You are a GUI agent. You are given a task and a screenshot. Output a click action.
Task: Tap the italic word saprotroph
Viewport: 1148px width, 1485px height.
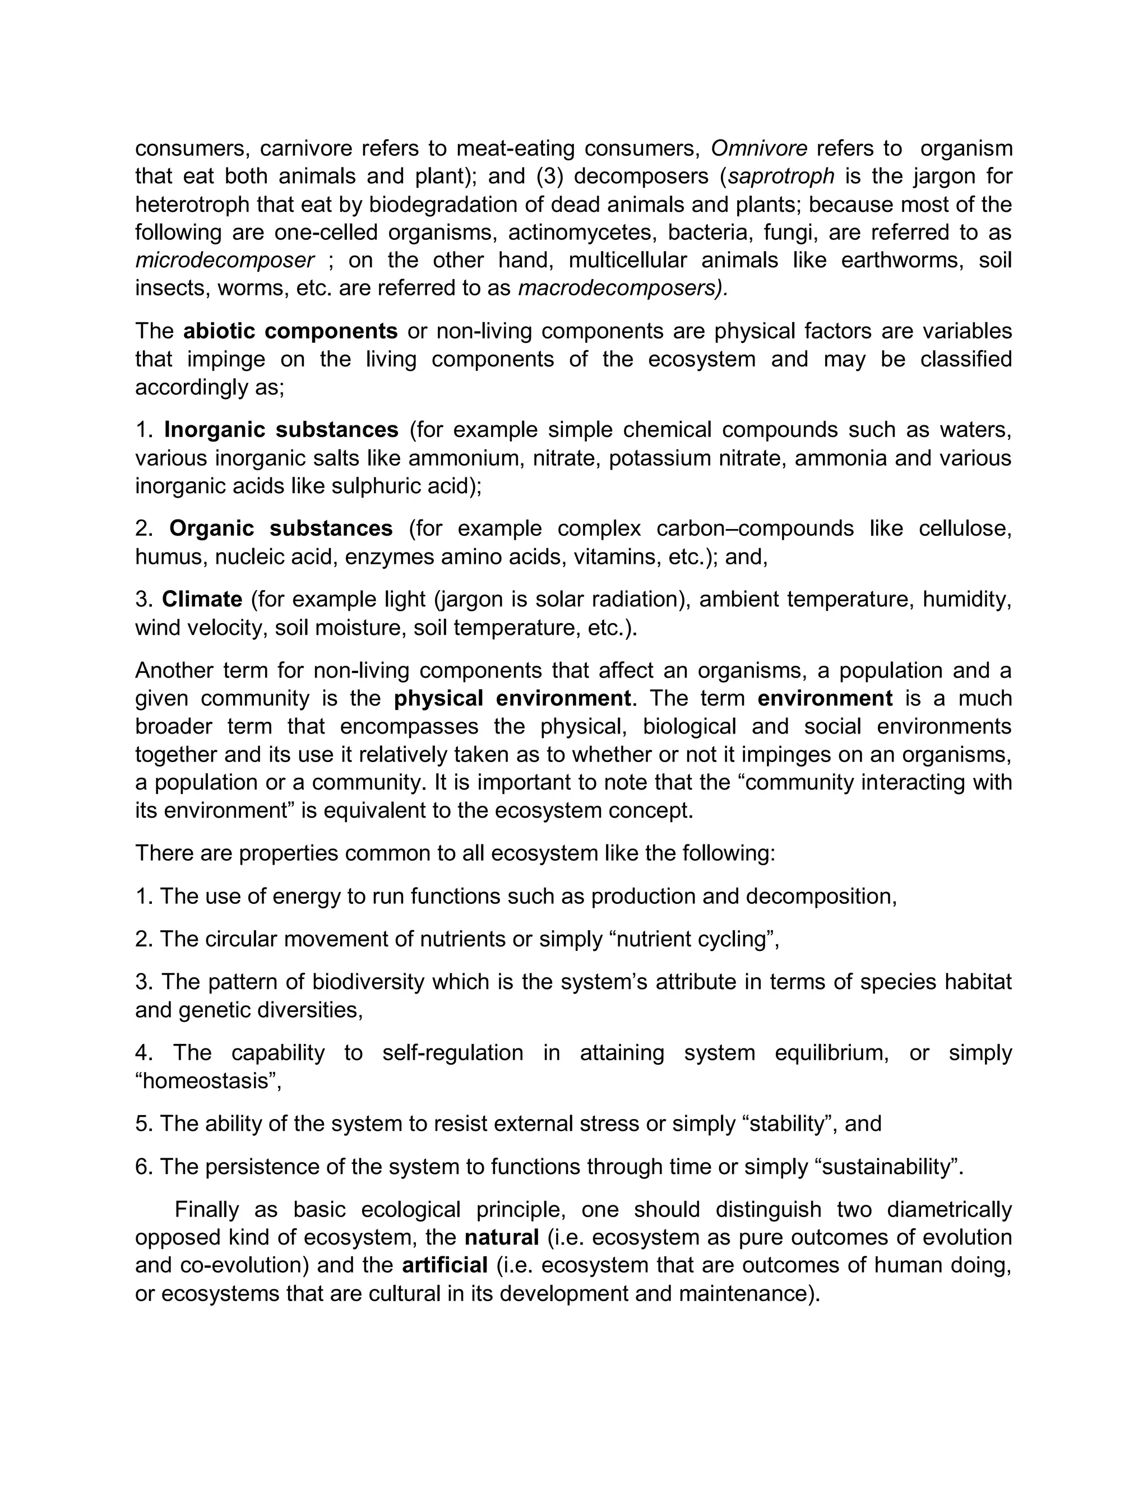click(x=781, y=176)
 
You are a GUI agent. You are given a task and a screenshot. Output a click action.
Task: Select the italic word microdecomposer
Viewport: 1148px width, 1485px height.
click(x=224, y=261)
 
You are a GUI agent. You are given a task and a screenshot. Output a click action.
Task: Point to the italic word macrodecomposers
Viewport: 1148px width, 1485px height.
click(x=622, y=288)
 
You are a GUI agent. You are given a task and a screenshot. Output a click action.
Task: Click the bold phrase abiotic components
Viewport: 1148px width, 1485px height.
click(x=290, y=331)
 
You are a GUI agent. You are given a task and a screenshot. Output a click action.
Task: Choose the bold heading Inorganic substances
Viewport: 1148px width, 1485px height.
click(x=281, y=430)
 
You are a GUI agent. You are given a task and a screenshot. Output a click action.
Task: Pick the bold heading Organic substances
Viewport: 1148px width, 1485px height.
click(x=281, y=528)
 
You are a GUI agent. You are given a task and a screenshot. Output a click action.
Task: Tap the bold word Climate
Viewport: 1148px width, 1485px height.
click(x=202, y=599)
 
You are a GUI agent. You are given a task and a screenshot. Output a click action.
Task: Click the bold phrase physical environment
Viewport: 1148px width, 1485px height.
click(x=512, y=698)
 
